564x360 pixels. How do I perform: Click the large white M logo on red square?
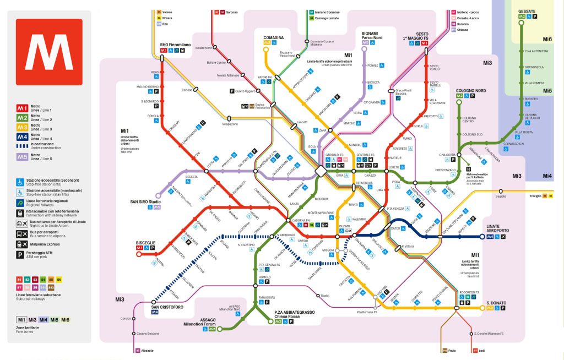point(49,52)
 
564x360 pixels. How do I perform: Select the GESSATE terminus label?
point(527,11)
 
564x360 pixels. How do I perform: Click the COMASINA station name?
point(273,37)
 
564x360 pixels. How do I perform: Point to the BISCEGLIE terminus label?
point(146,242)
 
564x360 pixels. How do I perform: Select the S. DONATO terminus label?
point(496,303)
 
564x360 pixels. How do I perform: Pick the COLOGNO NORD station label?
point(470,90)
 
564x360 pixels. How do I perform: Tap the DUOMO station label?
point(345,225)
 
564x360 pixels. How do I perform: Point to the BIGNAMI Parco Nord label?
point(372,35)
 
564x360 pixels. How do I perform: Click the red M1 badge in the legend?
point(22,108)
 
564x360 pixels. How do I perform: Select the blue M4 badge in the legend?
point(22,137)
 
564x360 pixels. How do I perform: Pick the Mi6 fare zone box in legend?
point(65,320)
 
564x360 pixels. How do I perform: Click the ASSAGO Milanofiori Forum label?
point(199,322)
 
